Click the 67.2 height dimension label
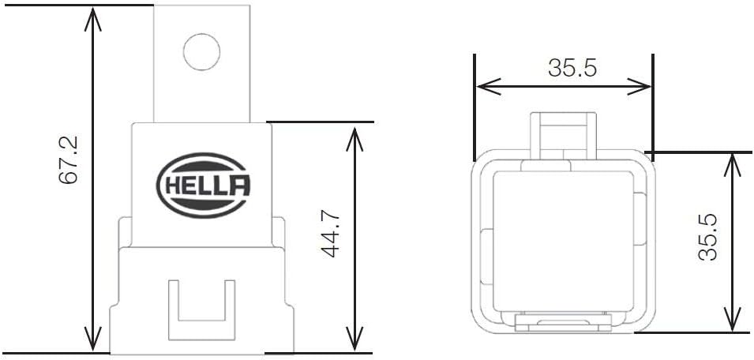tap(69, 160)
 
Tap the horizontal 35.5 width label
tap(572, 69)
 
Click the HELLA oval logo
tap(204, 187)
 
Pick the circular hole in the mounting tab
tap(201, 52)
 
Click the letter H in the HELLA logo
tap(173, 187)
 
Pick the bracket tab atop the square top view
tap(562, 133)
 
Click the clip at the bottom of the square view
tap(562, 322)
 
